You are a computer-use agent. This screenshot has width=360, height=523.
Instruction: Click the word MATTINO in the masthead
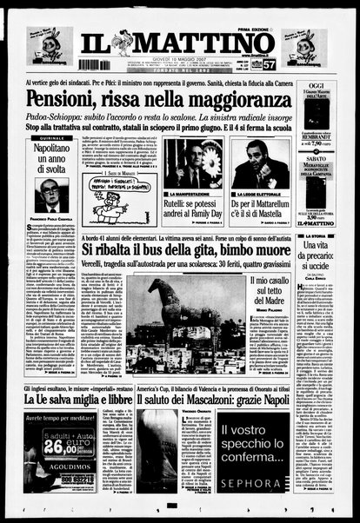pyautogui.click(x=209, y=43)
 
